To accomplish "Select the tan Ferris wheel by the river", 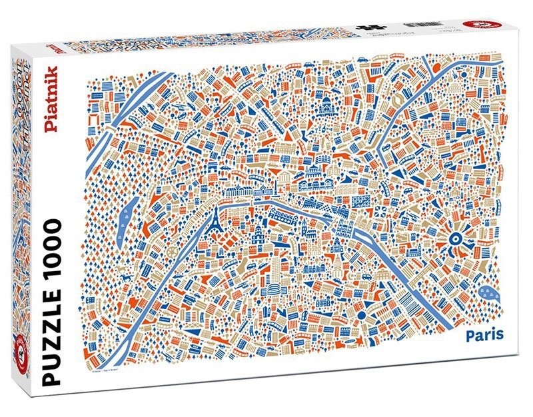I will (x=175, y=252).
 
